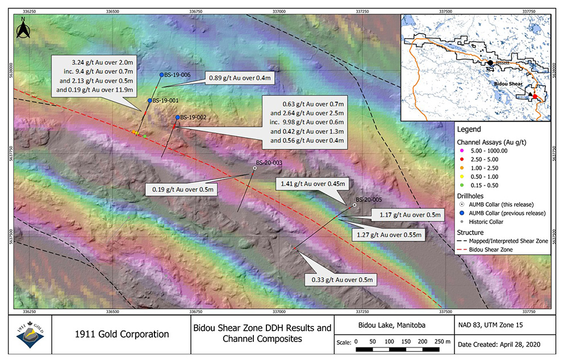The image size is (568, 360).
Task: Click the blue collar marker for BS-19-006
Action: pos(162,74)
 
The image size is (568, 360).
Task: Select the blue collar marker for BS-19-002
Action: pos(178,118)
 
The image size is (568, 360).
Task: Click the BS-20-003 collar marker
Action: pos(254,168)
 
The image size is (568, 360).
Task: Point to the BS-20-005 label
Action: pos(368,199)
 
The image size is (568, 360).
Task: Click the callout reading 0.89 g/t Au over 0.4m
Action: pos(241,77)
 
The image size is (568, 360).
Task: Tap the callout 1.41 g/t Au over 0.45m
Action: pos(314,184)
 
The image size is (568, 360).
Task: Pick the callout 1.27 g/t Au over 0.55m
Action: pos(389,235)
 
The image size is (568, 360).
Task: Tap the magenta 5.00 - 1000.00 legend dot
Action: pos(461,151)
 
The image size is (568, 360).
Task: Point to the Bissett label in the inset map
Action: pos(503,63)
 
